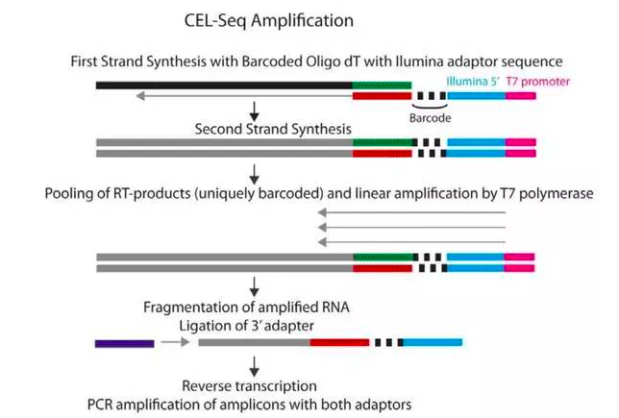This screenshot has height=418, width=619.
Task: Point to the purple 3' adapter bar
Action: pyautogui.click(x=124, y=341)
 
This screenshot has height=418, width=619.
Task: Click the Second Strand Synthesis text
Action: pyautogui.click(x=272, y=128)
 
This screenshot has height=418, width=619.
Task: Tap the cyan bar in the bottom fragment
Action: pyautogui.click(x=432, y=341)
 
